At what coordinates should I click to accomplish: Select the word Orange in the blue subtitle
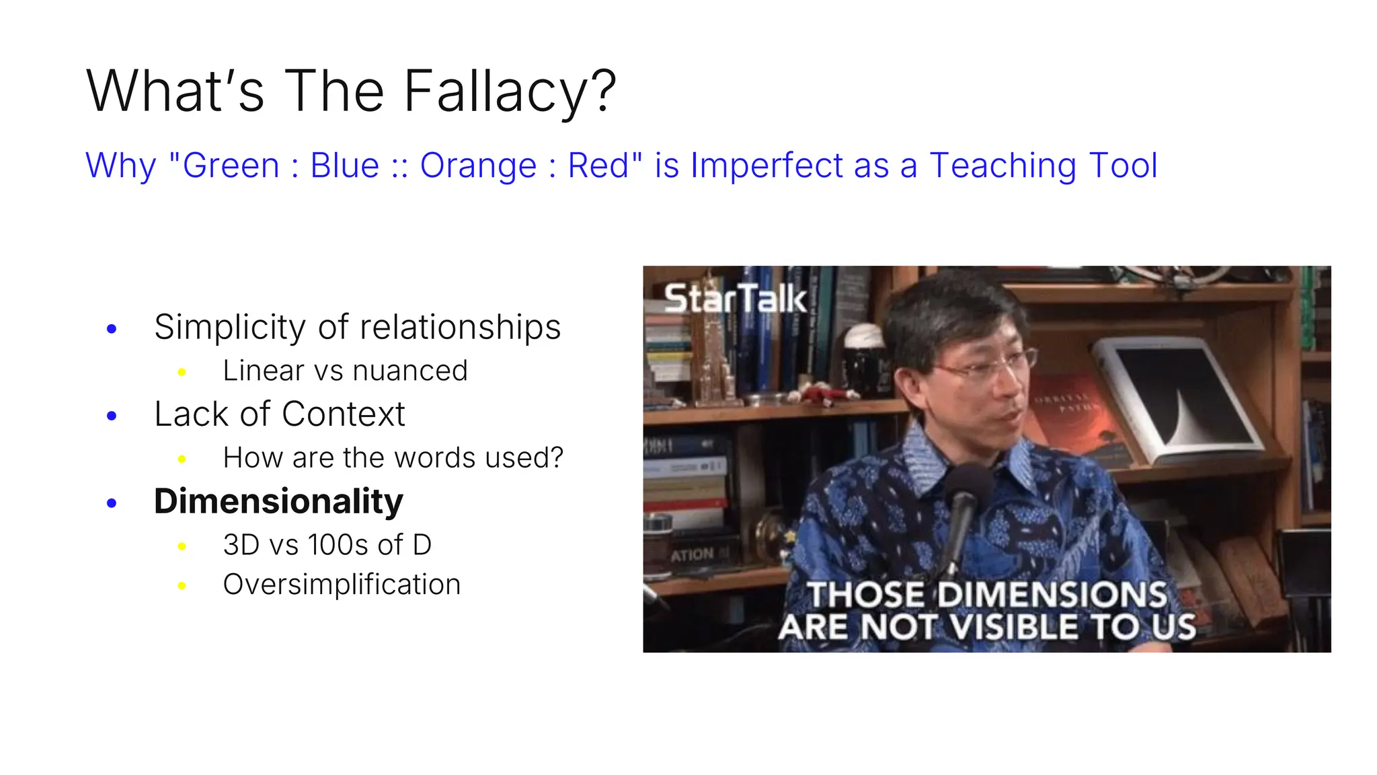click(478, 165)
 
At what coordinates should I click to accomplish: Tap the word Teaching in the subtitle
click(1003, 165)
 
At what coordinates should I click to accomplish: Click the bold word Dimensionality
click(278, 501)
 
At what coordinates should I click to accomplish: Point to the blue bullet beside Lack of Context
click(112, 416)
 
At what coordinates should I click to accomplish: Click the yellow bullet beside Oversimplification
click(182, 586)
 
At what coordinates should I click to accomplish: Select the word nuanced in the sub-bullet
click(409, 371)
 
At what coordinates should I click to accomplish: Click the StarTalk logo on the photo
click(735, 298)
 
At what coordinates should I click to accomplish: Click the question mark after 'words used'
click(556, 458)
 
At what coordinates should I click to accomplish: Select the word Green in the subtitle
click(231, 165)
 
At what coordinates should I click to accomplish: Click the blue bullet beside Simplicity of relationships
click(112, 329)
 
